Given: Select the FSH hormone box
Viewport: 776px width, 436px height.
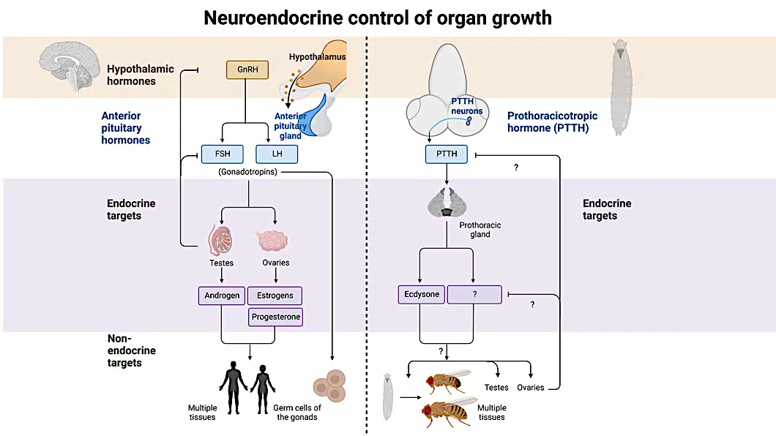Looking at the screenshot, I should [223, 154].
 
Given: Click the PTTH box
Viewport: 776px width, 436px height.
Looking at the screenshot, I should [446, 154].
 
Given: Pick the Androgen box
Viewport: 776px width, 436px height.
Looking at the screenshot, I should [221, 296].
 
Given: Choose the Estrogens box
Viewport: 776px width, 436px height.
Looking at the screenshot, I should [275, 296].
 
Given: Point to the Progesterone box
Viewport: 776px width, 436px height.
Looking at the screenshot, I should [275, 317].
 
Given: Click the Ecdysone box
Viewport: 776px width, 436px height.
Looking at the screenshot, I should [422, 295].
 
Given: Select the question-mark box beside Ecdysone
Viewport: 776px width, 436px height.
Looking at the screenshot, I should [474, 295].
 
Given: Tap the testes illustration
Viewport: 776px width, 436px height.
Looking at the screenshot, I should [221, 238].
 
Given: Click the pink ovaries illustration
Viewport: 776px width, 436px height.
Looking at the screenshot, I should [275, 241].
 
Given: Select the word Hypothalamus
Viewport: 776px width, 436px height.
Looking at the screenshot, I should [317, 56].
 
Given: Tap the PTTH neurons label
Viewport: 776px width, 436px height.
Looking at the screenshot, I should [466, 106].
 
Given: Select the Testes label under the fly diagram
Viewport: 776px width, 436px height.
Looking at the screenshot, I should [496, 387].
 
